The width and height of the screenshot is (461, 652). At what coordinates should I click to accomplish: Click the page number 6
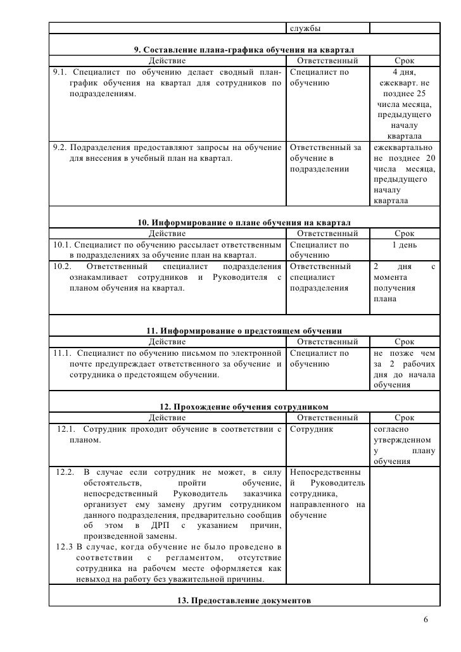pyautogui.click(x=425, y=619)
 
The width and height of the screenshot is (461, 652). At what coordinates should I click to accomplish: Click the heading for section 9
pyautogui.click(x=244, y=50)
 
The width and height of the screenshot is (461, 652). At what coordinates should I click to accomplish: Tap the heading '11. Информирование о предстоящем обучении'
pyautogui.click(x=244, y=330)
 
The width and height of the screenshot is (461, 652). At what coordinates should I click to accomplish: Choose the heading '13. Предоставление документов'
pyautogui.click(x=244, y=600)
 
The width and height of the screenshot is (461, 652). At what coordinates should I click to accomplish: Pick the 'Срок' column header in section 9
pyautogui.click(x=404, y=61)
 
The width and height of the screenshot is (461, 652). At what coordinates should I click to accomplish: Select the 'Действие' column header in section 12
pyautogui.click(x=167, y=418)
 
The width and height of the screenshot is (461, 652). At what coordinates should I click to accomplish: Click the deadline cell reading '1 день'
pyautogui.click(x=404, y=245)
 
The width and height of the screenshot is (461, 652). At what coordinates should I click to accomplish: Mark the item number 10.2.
pyautogui.click(x=62, y=266)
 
